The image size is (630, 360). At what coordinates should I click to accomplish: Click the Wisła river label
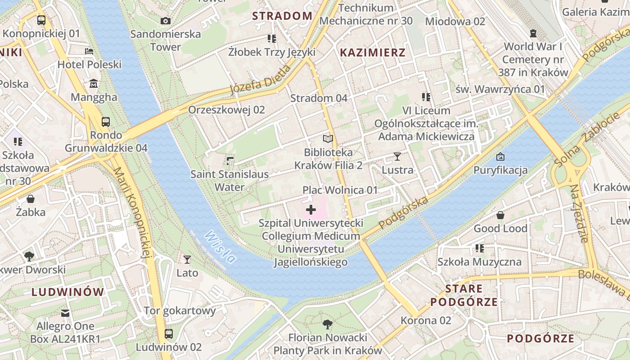(220, 247)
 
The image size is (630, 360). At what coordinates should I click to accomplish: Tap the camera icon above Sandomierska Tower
(166, 21)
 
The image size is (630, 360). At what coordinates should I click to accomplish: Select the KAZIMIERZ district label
(373, 52)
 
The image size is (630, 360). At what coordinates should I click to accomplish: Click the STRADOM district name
(282, 16)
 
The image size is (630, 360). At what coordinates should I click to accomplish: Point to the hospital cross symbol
(311, 210)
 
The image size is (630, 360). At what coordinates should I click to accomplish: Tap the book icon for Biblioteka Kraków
(328, 139)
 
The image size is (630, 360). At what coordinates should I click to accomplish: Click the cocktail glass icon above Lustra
(397, 157)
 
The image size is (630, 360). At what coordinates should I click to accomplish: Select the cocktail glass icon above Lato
(187, 260)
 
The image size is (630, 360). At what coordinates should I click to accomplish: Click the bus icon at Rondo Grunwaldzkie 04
(106, 121)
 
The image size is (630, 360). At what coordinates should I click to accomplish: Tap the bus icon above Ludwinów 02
(169, 334)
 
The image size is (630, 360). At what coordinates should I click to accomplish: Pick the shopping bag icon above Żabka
(31, 198)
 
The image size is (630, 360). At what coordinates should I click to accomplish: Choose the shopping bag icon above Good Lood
(500, 215)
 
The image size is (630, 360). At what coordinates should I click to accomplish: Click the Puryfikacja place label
(500, 170)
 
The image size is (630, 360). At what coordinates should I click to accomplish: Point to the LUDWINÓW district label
(68, 292)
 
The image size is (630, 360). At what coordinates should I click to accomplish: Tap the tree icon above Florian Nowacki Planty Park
(328, 324)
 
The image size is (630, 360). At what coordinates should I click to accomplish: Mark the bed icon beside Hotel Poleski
(89, 51)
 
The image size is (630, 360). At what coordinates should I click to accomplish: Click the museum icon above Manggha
(94, 84)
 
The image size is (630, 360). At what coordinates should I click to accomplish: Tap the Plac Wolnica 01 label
(340, 190)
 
